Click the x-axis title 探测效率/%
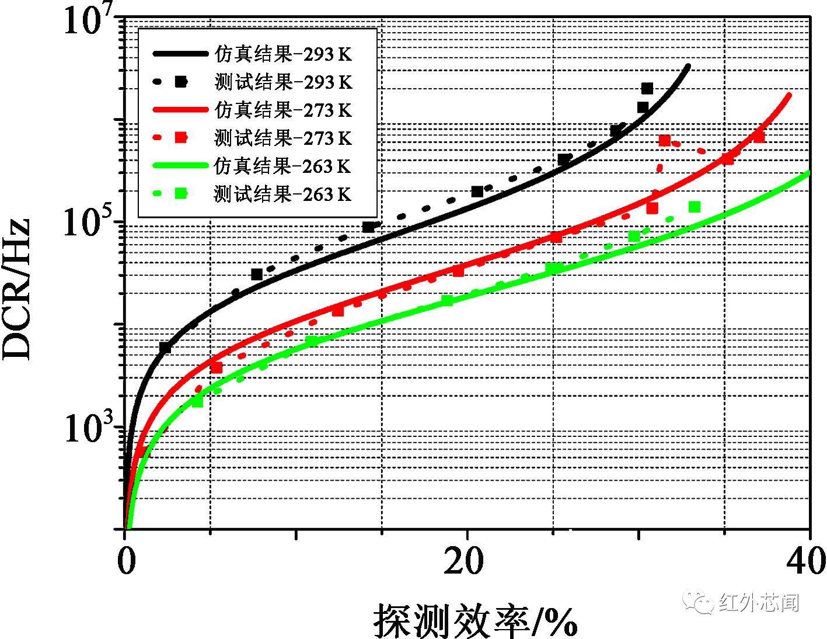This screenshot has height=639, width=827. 476,621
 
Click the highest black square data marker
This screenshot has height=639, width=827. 647,89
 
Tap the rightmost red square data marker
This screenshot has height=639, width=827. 759,137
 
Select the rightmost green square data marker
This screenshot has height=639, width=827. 694,207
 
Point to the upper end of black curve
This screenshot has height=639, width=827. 689,67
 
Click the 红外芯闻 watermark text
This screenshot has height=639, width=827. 759,602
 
